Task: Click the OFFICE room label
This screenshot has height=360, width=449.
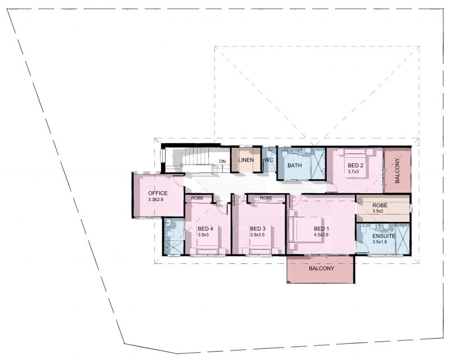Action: click(158, 193)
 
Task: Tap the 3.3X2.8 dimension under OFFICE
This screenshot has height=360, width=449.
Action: click(156, 199)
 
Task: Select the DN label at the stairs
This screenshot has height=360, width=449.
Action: click(222, 161)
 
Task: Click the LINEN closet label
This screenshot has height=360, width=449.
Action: click(246, 160)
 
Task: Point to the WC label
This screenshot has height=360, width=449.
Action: click(269, 160)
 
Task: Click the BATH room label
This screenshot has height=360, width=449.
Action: click(294, 165)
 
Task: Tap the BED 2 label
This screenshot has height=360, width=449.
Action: click(355, 165)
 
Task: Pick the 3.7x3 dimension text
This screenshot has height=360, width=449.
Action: click(354, 172)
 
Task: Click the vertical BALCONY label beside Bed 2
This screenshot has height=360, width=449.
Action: click(397, 171)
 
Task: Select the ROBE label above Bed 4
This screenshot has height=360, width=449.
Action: click(198, 198)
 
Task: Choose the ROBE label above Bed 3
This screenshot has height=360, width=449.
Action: click(266, 198)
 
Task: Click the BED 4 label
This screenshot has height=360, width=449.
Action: click(205, 229)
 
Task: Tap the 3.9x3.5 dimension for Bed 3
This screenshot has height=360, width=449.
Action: click(257, 235)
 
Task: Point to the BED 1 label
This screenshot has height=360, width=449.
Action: click(321, 229)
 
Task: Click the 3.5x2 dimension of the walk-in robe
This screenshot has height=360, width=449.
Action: click(378, 211)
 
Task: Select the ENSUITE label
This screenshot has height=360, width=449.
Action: click(384, 236)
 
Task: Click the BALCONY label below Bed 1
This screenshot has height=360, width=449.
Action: click(321, 268)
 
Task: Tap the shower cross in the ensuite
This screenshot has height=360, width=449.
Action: click(402, 239)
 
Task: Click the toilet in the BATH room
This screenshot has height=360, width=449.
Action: click(285, 154)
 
